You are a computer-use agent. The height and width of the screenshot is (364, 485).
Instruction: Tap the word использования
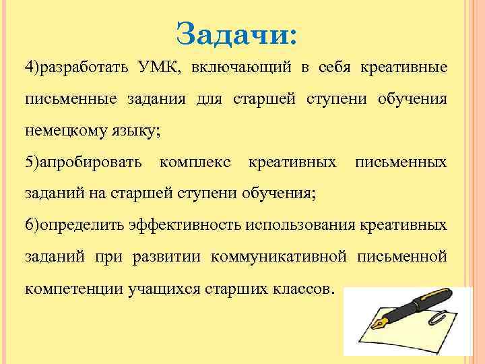[x=301, y=224]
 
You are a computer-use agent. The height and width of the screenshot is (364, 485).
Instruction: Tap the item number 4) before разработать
[x=32, y=68]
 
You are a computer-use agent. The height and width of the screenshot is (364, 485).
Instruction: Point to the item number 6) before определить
[x=32, y=224]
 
